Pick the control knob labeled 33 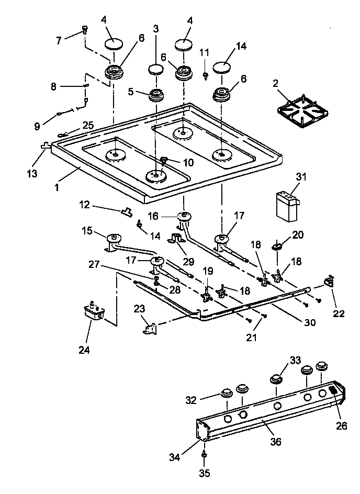click(x=276, y=379)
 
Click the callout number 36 click(x=275, y=442)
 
